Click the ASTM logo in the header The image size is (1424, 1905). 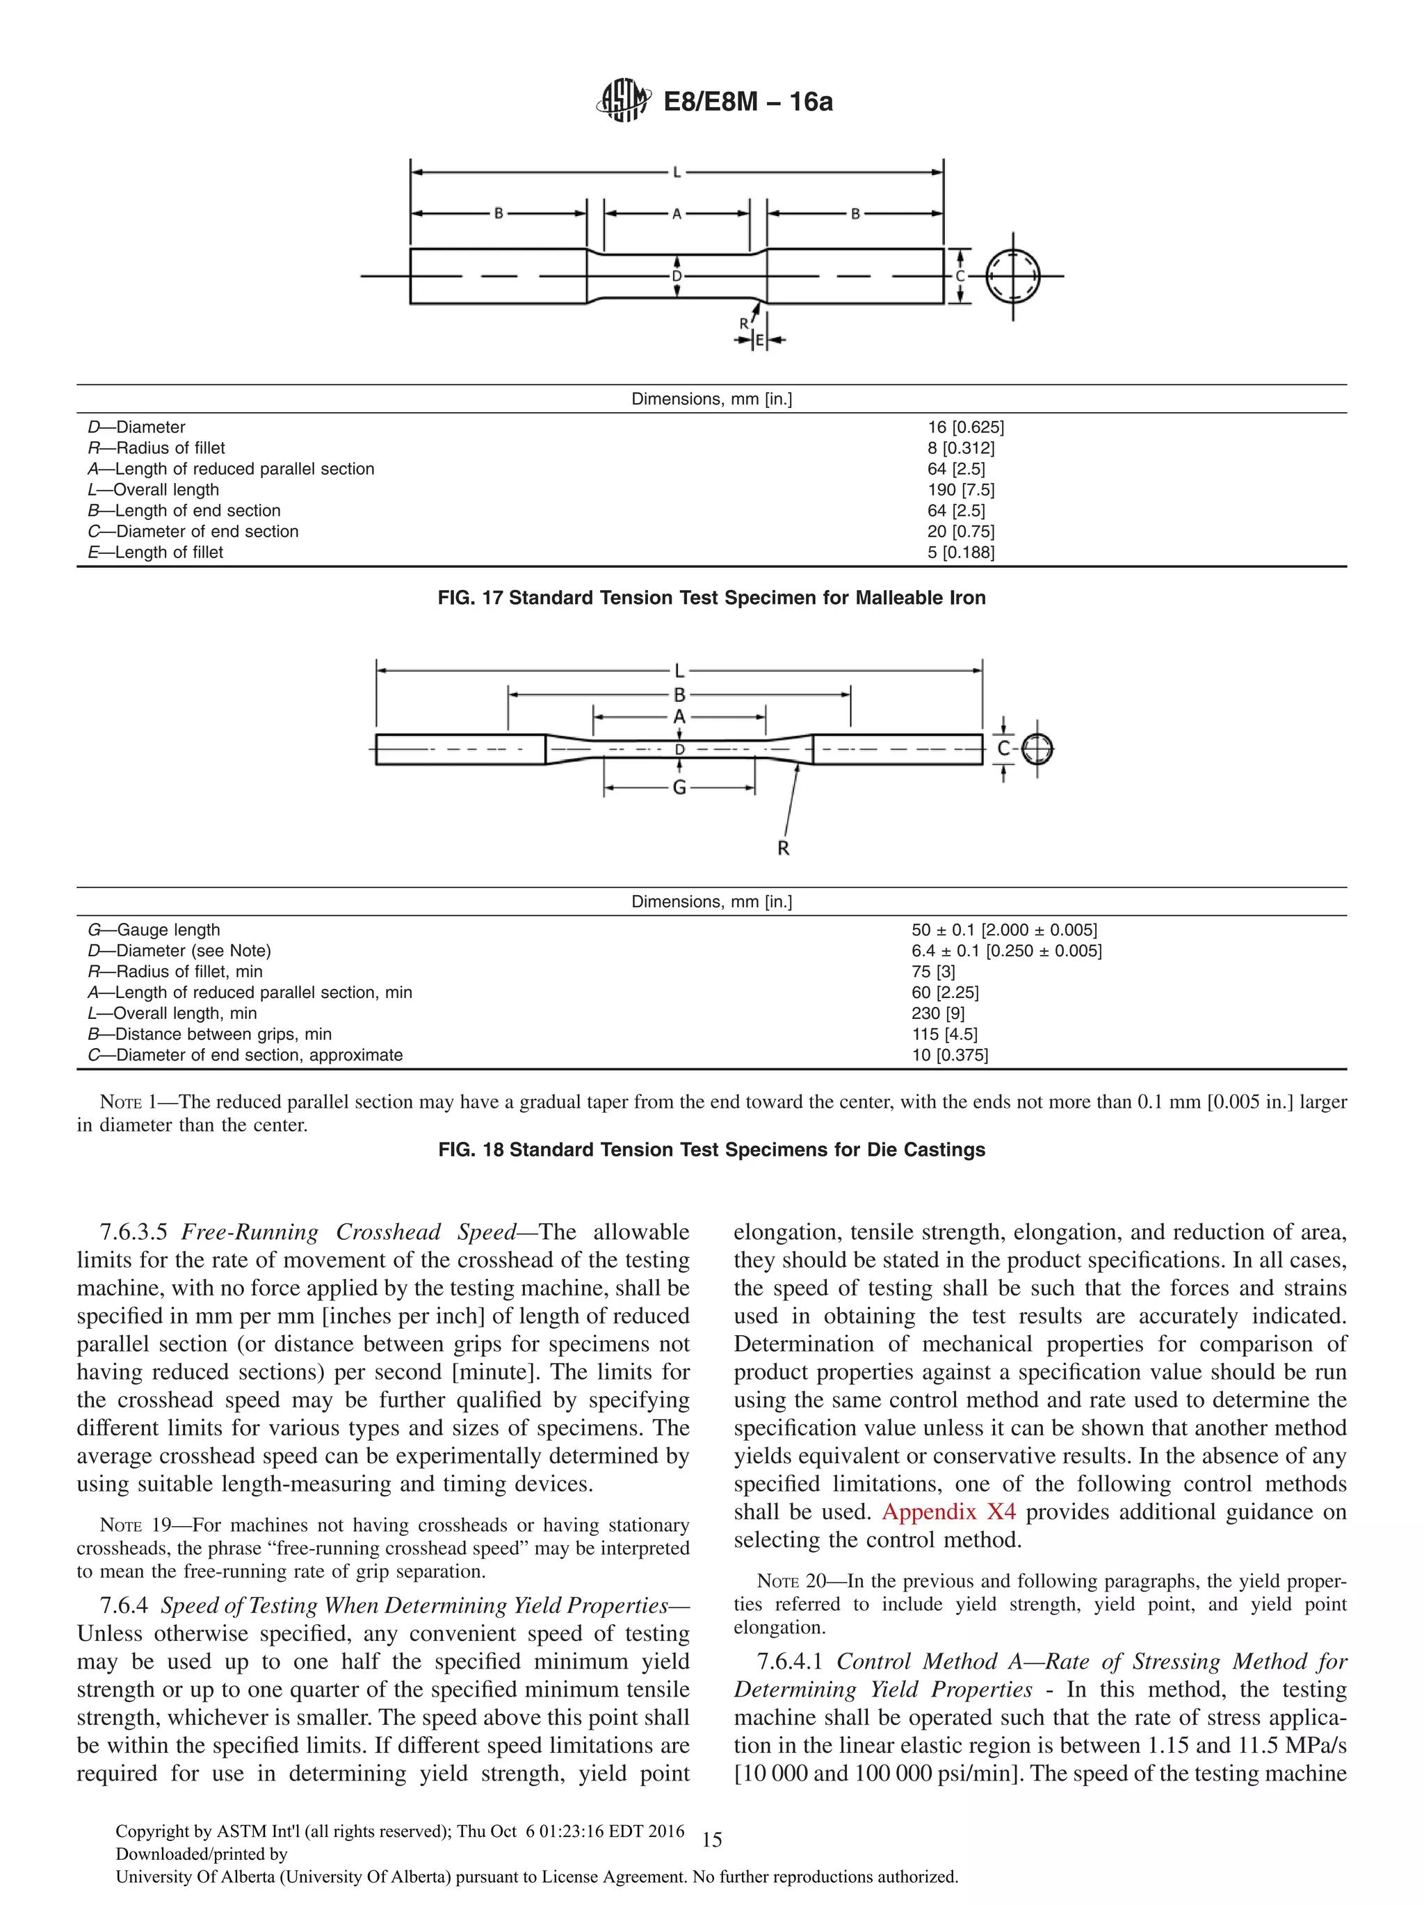623,101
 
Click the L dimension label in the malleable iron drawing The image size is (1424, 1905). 677,173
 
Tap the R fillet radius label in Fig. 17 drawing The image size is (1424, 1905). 744,324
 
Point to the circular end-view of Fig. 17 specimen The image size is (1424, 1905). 1012,277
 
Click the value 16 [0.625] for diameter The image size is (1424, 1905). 965,427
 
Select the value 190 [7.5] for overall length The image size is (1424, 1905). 960,490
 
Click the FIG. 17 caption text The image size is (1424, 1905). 711,598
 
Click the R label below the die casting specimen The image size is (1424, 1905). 783,849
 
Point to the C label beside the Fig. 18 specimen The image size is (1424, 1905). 1003,749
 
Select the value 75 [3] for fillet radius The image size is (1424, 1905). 933,972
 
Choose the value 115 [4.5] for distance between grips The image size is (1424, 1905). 944,1034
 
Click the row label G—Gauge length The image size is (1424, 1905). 154,930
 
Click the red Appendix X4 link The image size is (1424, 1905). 948,1512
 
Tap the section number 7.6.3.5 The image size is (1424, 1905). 133,1232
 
